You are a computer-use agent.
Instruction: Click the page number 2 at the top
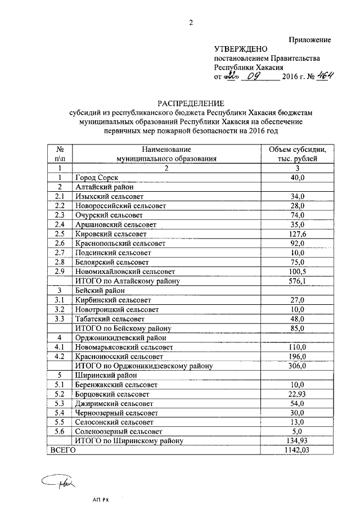pyautogui.click(x=191, y=22)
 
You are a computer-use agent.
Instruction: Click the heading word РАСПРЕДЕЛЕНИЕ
pyautogui.click(x=191, y=103)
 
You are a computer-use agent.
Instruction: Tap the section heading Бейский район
pyautogui.click(x=100, y=291)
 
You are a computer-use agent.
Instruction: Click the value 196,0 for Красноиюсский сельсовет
pyautogui.click(x=296, y=357)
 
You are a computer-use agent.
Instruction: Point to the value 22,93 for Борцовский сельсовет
pyautogui.click(x=296, y=394)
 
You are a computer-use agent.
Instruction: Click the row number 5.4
pyautogui.click(x=60, y=413)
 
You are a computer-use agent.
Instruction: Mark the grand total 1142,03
pyautogui.click(x=296, y=450)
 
